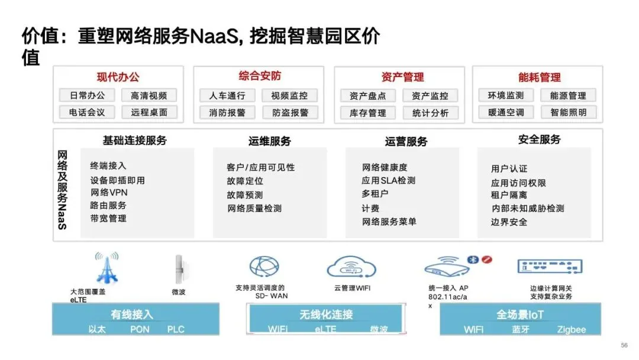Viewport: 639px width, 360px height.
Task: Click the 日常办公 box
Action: click(87, 95)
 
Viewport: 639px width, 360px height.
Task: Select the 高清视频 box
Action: click(149, 95)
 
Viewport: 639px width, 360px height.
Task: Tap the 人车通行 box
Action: click(227, 95)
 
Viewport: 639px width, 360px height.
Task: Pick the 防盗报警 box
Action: click(290, 112)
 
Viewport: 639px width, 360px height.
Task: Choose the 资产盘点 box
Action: click(367, 96)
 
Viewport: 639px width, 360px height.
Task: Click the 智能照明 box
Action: click(568, 112)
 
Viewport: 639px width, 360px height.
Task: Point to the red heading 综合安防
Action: click(260, 76)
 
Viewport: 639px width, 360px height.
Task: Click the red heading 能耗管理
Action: click(539, 78)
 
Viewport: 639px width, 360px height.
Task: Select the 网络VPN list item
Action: click(109, 192)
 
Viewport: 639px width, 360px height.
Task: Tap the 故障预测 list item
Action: click(244, 195)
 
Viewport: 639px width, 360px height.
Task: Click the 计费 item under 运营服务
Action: click(370, 208)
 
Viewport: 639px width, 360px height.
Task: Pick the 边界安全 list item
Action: click(509, 222)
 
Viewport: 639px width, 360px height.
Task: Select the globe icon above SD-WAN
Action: click(263, 267)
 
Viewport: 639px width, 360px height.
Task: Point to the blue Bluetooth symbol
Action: click(473, 259)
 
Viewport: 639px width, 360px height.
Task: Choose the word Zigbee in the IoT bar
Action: click(571, 330)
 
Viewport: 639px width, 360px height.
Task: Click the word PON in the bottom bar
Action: click(140, 329)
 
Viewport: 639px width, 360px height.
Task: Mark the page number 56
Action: click(624, 345)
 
